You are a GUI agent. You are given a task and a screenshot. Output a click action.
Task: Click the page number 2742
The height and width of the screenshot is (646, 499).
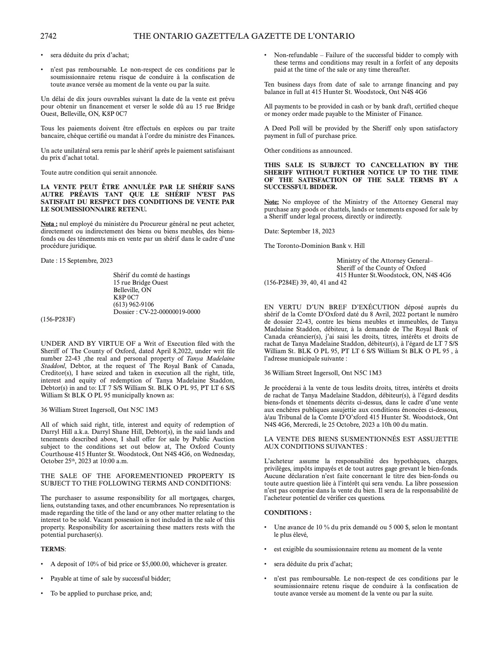[x=49, y=36]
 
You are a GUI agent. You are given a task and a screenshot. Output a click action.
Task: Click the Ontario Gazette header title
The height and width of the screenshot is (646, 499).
[x=244, y=36]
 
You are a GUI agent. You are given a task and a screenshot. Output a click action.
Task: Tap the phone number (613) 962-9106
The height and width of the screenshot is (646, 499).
[x=133, y=305]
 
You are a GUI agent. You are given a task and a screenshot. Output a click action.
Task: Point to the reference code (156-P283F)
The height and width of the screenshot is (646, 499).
[x=58, y=319]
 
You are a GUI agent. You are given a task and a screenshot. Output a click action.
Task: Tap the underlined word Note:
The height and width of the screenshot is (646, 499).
[x=272, y=202]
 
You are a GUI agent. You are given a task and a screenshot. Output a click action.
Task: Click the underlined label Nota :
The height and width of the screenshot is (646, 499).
[x=49, y=224]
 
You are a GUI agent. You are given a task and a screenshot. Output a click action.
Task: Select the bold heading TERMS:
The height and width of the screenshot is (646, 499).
[x=53, y=549]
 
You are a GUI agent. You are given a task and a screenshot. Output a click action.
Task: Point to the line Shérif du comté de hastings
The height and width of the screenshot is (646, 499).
[x=151, y=275]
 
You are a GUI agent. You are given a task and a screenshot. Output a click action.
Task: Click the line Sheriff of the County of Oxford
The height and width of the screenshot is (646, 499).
[x=381, y=268]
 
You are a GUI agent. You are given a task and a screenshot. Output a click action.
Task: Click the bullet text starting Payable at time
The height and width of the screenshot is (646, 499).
[x=110, y=579]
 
